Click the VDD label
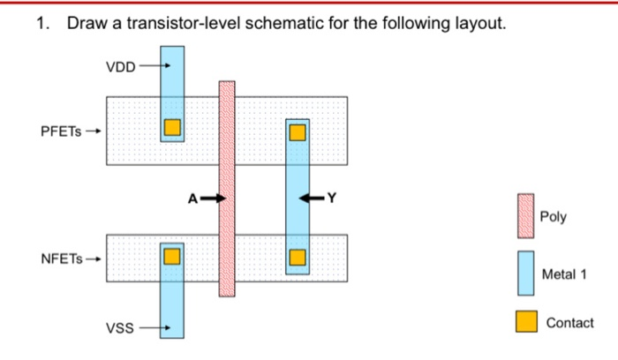[120, 65]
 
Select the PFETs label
[61, 131]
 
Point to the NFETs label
[61, 259]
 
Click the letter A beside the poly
[192, 199]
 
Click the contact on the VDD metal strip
[171, 127]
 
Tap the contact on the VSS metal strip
[171, 256]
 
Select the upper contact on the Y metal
[298, 132]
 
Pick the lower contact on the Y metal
[298, 258]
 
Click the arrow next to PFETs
[93, 131]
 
